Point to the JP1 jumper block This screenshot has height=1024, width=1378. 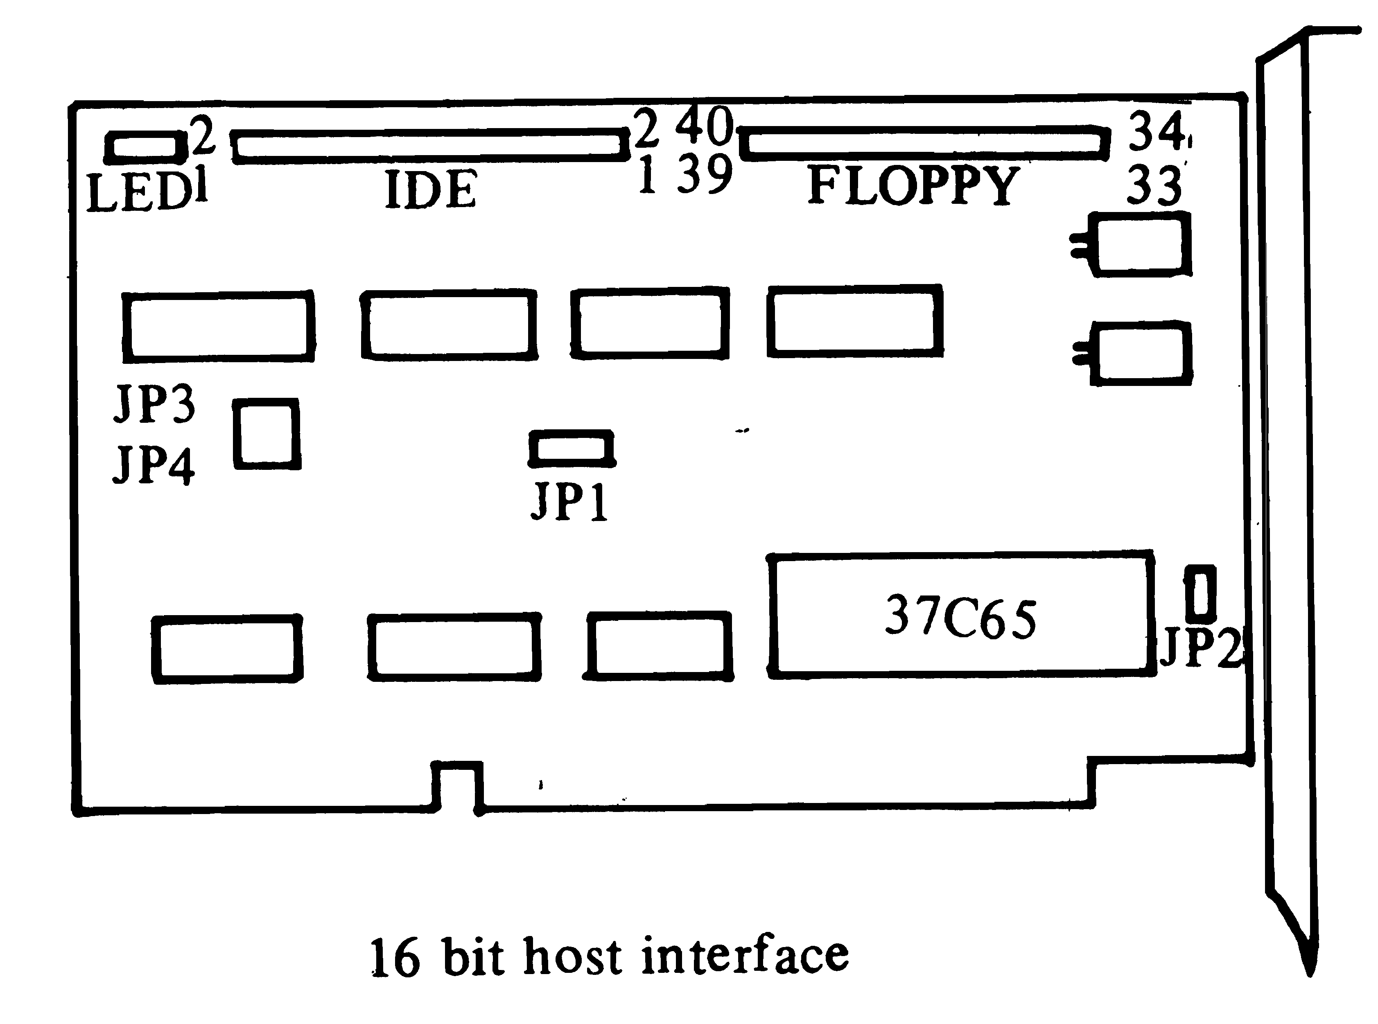pyautogui.click(x=572, y=448)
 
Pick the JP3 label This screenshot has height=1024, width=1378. pyautogui.click(x=154, y=404)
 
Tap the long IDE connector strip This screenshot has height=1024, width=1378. pyautogui.click(x=429, y=146)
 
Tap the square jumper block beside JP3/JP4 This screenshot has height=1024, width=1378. pyautogui.click(x=267, y=434)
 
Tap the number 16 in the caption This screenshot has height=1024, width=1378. pyautogui.click(x=395, y=958)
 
